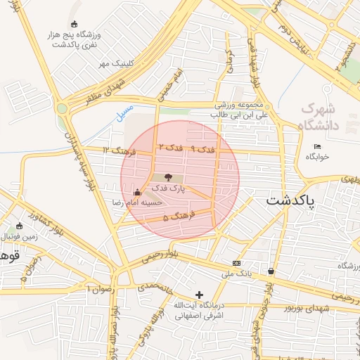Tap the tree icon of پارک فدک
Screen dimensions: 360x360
pyautogui.click(x=167, y=177)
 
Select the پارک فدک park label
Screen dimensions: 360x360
pyautogui.click(x=167, y=188)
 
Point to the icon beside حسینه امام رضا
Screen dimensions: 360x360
pyautogui.click(x=136, y=192)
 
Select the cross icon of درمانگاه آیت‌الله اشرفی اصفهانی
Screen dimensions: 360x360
pyautogui.click(x=200, y=295)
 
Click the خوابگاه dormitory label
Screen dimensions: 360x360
pyautogui.click(x=317, y=157)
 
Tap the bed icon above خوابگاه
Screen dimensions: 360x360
pyautogui.click(x=317, y=146)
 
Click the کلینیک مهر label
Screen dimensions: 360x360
pyautogui.click(x=115, y=63)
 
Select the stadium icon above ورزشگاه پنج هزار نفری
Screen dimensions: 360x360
pyautogui.click(x=75, y=25)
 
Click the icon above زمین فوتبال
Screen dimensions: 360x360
pyautogui.click(x=19, y=226)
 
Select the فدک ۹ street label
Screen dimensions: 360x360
pyautogui.click(x=203, y=149)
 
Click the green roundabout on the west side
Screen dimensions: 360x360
pyautogui.click(x=63, y=108)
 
